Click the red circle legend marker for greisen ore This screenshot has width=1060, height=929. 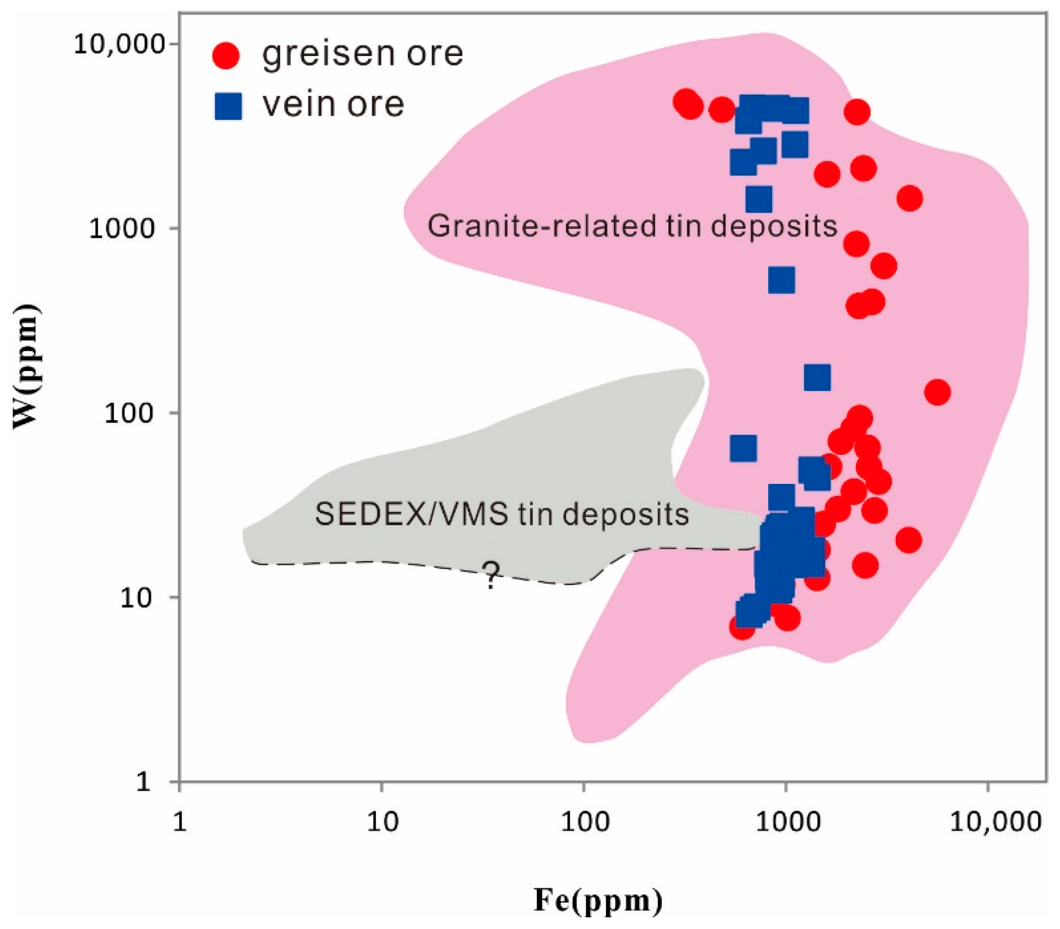(227, 55)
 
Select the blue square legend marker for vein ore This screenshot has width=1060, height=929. (228, 106)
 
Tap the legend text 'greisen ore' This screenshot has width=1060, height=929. (362, 54)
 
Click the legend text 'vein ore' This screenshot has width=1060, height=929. (333, 104)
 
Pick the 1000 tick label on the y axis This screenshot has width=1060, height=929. (123, 229)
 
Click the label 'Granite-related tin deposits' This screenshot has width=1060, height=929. (632, 226)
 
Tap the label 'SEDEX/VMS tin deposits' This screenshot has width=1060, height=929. (502, 514)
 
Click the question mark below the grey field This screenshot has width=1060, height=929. (491, 576)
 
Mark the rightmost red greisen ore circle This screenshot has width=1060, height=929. (937, 392)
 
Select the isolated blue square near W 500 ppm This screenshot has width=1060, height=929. (781, 280)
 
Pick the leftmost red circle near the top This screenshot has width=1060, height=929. (685, 102)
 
